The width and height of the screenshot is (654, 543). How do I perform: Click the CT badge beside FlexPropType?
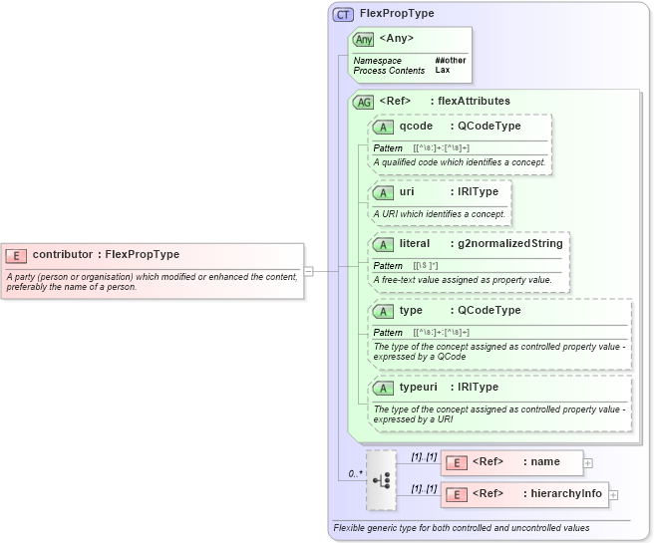click(x=343, y=14)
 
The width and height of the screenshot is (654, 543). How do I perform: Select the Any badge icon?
click(x=364, y=39)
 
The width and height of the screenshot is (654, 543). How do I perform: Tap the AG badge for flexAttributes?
click(x=363, y=102)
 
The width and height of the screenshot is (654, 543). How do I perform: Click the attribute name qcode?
click(x=416, y=127)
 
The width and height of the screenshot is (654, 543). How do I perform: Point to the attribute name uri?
click(x=407, y=191)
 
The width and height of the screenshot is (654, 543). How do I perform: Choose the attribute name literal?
click(x=414, y=243)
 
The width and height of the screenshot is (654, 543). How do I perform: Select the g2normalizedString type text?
click(x=510, y=243)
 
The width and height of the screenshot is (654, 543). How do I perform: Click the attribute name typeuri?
click(x=419, y=387)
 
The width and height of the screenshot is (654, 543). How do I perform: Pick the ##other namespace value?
click(x=450, y=61)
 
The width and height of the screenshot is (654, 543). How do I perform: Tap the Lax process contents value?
click(x=442, y=71)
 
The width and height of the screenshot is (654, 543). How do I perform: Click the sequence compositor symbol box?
click(x=381, y=478)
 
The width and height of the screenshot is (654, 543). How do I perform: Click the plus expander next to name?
click(x=588, y=462)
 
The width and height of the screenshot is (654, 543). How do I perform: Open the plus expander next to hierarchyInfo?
click(x=613, y=494)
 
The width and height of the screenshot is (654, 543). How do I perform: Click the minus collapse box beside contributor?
click(x=309, y=270)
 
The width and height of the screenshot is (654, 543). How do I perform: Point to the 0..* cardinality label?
click(x=354, y=473)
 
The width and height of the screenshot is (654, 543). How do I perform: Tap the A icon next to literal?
click(x=383, y=244)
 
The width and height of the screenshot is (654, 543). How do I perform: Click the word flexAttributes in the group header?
click(x=474, y=101)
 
